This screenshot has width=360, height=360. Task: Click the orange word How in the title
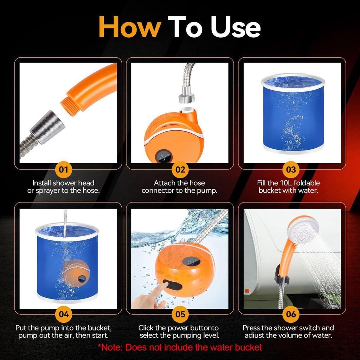click(x=130, y=27)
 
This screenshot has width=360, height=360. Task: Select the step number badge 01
click(x=64, y=170)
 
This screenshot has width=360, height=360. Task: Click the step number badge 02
click(x=180, y=170)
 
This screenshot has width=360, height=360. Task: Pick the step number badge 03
click(x=291, y=170)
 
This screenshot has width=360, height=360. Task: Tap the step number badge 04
click(x=64, y=314)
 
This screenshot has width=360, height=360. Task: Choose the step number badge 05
click(x=180, y=314)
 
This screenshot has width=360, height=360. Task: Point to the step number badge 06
click(x=291, y=314)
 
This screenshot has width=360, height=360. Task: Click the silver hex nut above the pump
click(x=187, y=97)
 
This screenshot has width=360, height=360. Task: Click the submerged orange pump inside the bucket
click(x=75, y=272)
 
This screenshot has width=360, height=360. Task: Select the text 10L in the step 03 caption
click(x=286, y=183)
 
